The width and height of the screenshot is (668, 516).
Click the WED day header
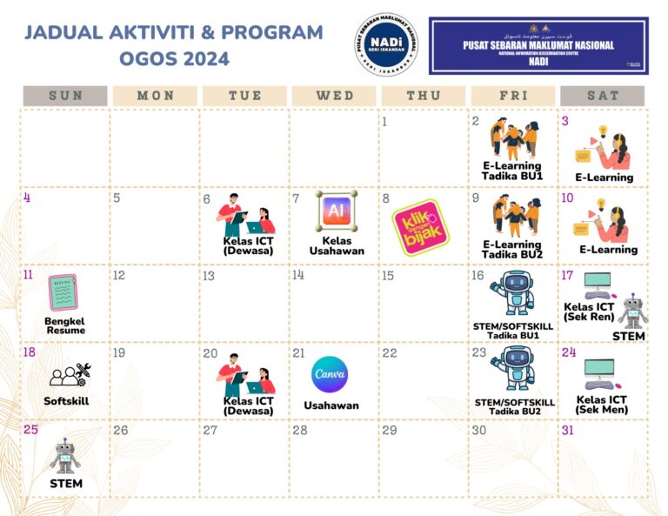[x=335, y=96]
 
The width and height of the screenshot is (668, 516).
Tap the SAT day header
[x=602, y=96]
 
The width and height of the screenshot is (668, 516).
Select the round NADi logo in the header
[x=387, y=44]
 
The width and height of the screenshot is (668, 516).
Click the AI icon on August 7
[x=337, y=211]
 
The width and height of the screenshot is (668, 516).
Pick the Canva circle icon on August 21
[x=330, y=374]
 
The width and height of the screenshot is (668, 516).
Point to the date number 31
[x=569, y=431]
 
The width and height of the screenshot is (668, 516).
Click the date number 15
[x=388, y=276]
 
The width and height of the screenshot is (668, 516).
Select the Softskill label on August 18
[x=66, y=401]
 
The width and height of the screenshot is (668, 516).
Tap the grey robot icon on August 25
[x=64, y=456]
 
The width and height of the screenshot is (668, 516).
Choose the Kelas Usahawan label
[x=337, y=245]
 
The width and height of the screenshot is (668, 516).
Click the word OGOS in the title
[x=151, y=59]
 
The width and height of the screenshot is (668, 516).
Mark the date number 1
[x=384, y=122]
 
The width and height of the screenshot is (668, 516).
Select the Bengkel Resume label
[x=66, y=325]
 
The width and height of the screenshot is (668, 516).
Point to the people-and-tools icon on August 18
[x=68, y=374]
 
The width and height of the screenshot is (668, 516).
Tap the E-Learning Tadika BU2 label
[x=512, y=250]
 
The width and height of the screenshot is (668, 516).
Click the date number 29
[x=390, y=431]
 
